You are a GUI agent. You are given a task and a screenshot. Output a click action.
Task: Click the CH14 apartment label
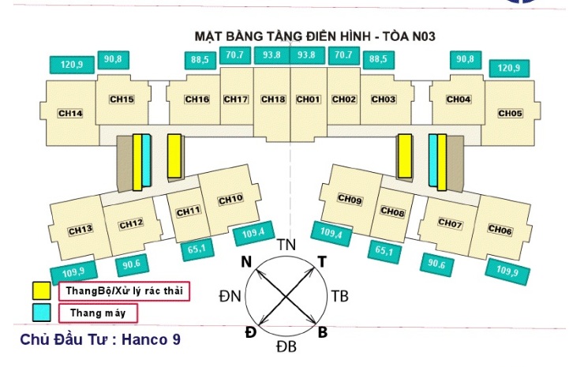[x=71, y=114]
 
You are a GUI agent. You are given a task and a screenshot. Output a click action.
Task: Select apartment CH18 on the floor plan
[x=272, y=99]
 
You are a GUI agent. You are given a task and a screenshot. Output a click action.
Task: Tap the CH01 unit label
[x=308, y=99]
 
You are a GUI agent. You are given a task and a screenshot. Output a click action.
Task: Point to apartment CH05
[x=510, y=114]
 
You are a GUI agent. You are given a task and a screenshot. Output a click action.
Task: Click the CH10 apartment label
[x=230, y=198]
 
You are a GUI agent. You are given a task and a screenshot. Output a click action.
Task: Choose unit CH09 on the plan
[x=350, y=200]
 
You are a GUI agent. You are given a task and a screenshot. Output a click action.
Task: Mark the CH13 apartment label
[x=80, y=230]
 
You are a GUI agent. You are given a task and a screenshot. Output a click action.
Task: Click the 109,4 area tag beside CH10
[x=254, y=233]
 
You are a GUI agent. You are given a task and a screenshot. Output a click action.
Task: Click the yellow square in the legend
[x=40, y=290]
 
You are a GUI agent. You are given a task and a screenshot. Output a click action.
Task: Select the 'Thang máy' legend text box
[x=99, y=313]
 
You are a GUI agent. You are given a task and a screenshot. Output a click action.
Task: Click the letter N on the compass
[x=247, y=262]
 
